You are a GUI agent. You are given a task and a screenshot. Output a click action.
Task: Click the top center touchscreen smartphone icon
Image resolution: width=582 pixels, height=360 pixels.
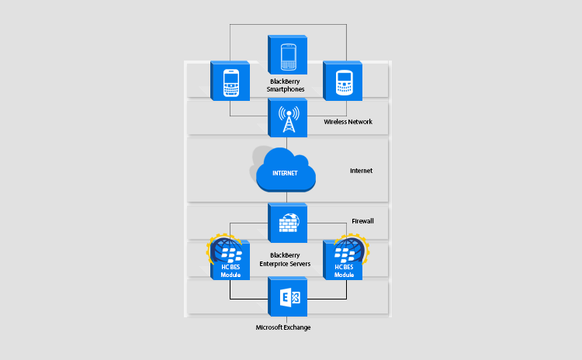288,54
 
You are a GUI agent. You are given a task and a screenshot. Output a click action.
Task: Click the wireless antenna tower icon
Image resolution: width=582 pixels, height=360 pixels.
288,119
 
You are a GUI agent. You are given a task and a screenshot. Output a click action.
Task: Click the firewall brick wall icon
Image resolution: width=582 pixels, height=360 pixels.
288,223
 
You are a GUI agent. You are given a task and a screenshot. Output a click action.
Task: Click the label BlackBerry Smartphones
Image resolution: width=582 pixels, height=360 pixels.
287,85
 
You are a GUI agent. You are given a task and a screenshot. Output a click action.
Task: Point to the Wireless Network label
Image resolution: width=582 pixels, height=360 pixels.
348,122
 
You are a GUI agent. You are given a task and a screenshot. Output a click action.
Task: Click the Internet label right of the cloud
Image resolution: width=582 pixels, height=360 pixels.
362,171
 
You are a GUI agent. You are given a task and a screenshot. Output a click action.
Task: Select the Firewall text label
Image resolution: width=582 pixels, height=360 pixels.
363,221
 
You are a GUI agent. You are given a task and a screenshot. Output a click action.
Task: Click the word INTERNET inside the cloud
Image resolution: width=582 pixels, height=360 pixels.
286,172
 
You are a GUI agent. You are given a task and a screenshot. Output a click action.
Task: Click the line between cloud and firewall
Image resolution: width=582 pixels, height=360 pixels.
287,199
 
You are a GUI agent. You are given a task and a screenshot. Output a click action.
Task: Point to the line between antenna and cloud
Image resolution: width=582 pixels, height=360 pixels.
287,143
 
